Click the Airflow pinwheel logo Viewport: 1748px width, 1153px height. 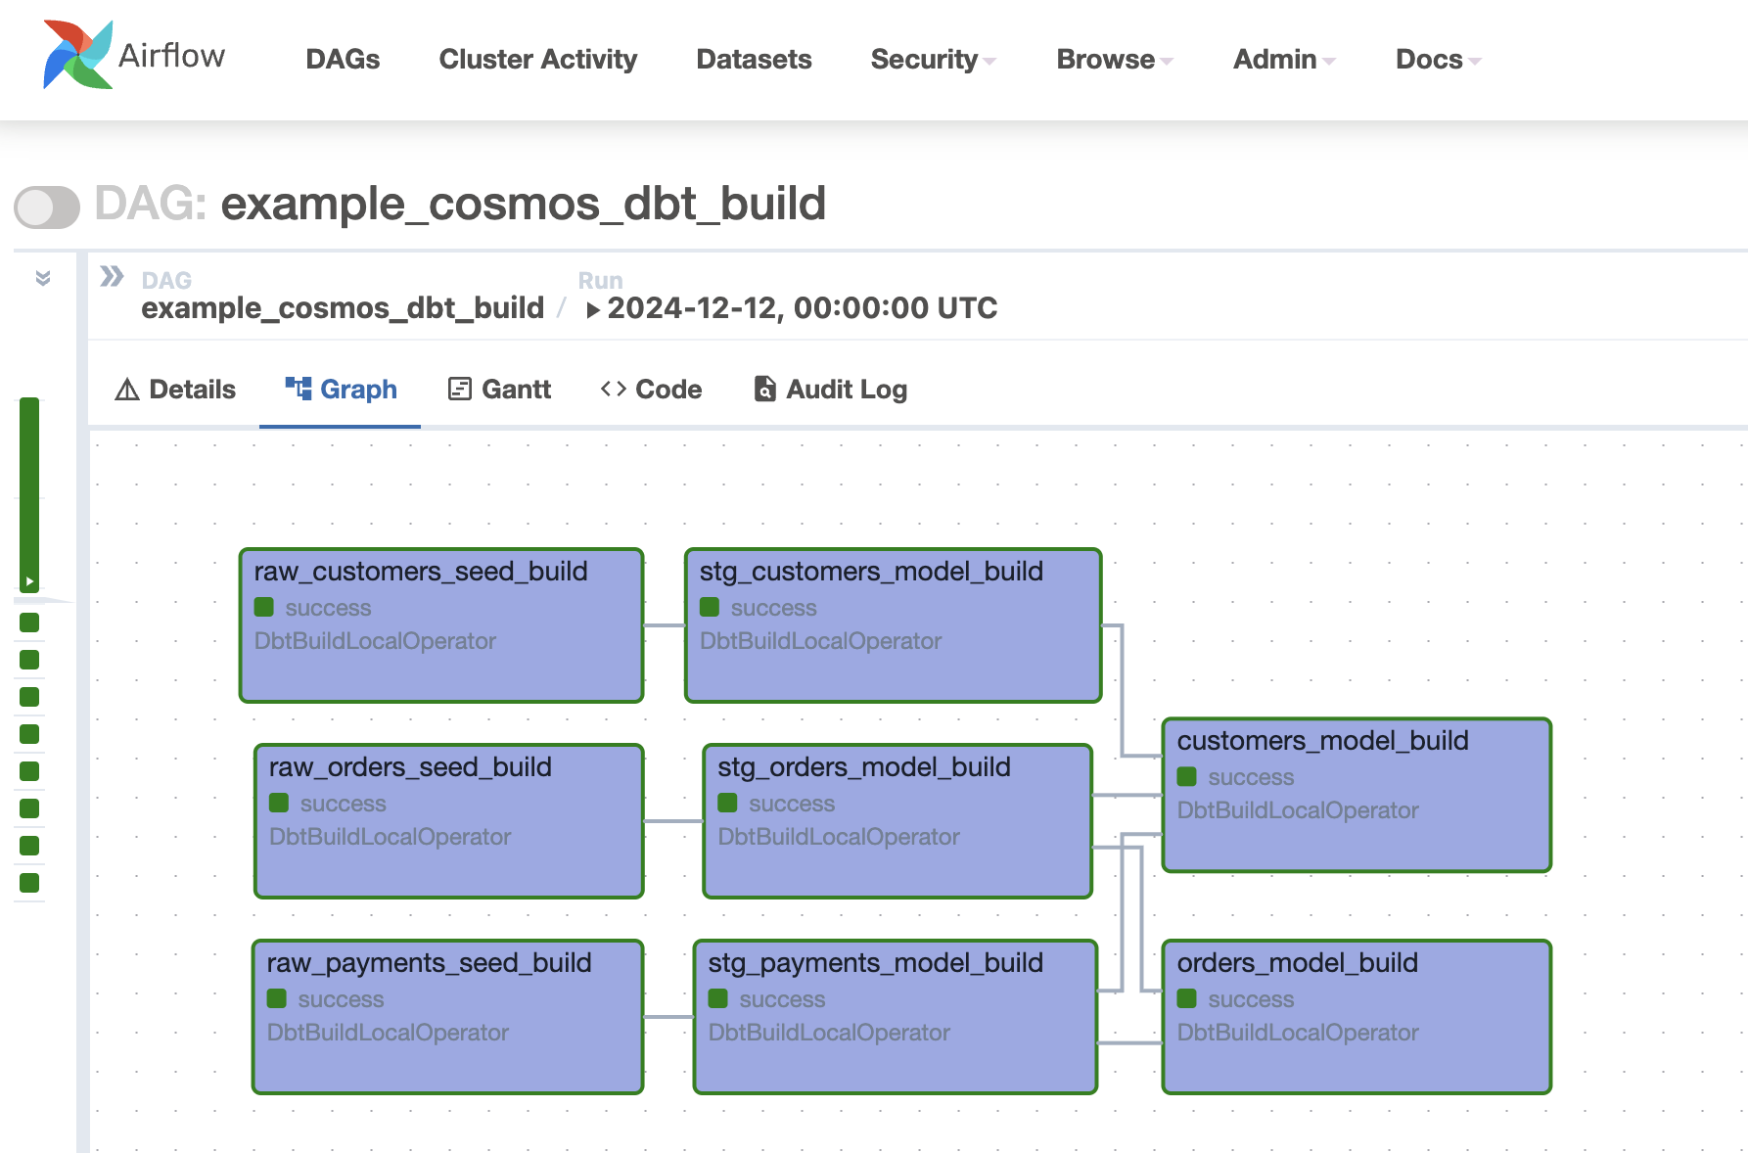pyautogui.click(x=77, y=56)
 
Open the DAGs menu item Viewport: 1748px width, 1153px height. pyautogui.click(x=343, y=60)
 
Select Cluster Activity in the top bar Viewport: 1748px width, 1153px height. pyautogui.click(x=537, y=60)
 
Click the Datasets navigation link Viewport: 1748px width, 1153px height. pyautogui.click(x=754, y=60)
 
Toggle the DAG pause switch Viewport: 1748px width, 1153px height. pyautogui.click(x=47, y=207)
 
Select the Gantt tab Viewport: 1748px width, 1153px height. pyautogui.click(x=500, y=390)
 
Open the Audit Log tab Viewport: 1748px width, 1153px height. pyautogui.click(x=830, y=390)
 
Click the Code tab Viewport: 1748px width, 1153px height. pyautogui.click(x=651, y=390)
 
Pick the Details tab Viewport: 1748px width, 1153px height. pyautogui.click(x=176, y=390)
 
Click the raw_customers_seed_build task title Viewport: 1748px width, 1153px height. pyautogui.click(x=421, y=572)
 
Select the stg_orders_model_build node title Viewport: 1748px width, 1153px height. pyautogui.click(x=863, y=767)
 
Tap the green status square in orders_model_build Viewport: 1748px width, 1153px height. pyautogui.click(x=1187, y=998)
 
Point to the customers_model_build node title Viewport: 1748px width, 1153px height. pyautogui.click(x=1322, y=741)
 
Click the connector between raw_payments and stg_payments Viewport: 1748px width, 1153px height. pyautogui.click(x=668, y=1017)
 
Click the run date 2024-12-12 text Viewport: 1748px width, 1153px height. pyautogui.click(x=802, y=308)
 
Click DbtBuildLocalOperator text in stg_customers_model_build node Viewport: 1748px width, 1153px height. pyautogui.click(x=820, y=641)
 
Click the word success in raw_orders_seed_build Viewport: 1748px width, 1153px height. pyautogui.click(x=343, y=804)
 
